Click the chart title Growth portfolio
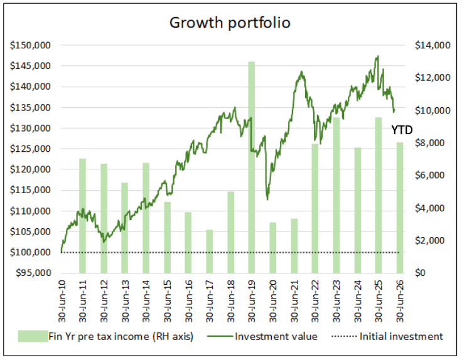tap(230, 23)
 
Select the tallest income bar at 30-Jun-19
tap(251, 169)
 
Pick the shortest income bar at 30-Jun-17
tap(209, 251)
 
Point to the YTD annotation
tap(402, 130)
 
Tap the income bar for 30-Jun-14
tap(146, 218)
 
